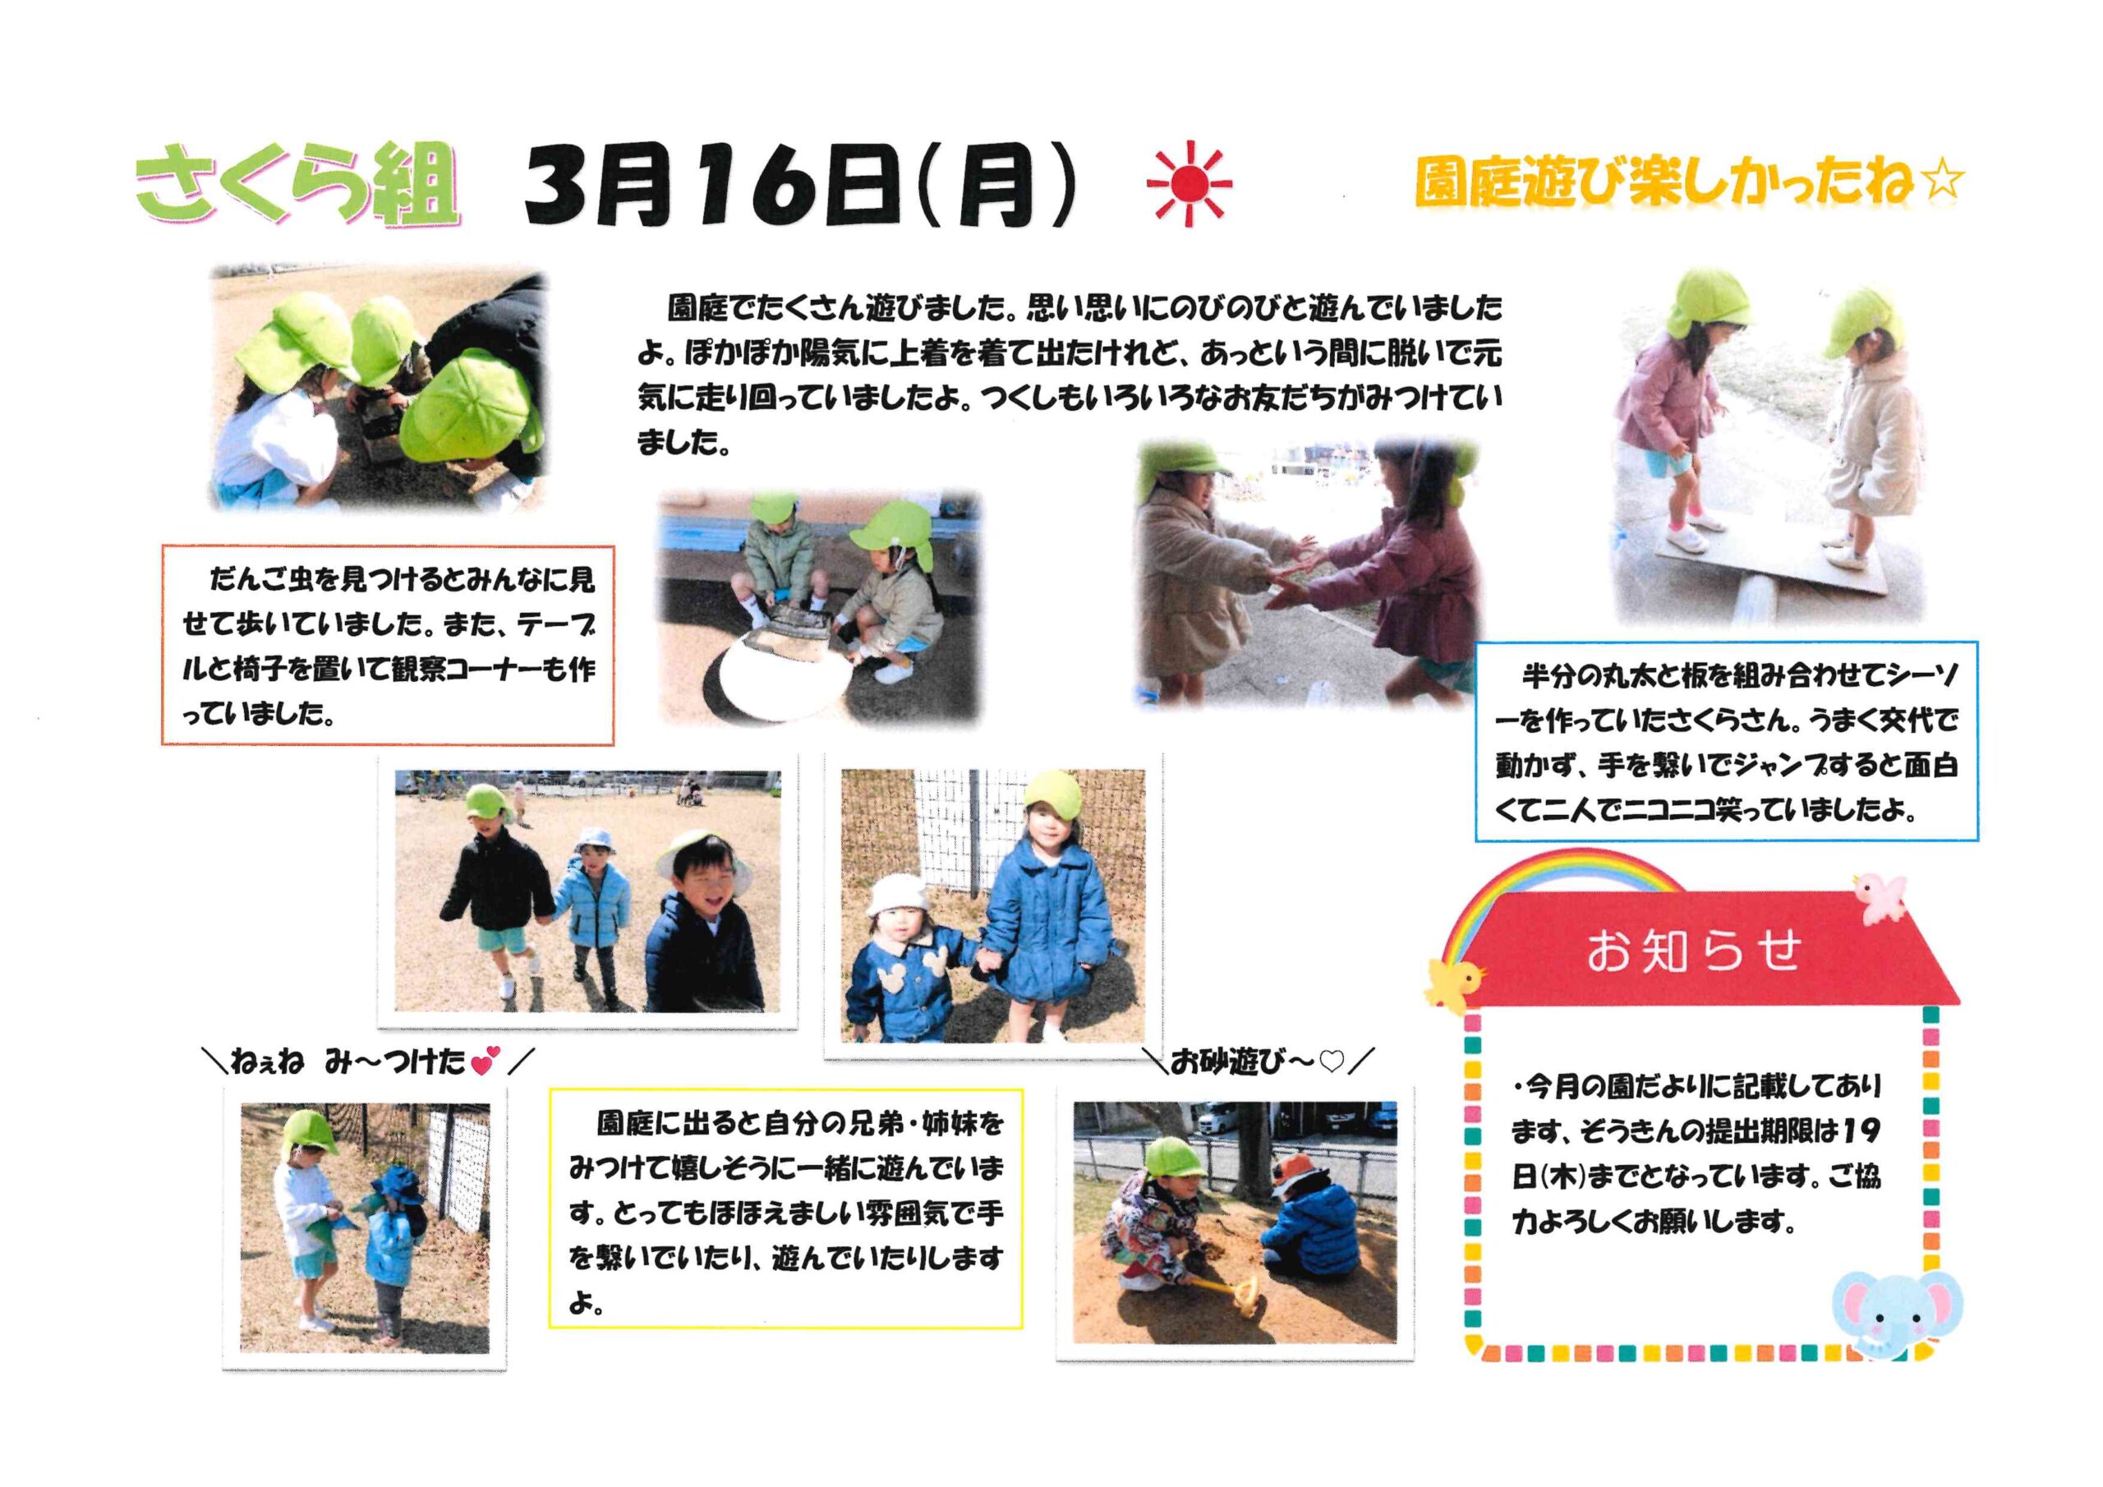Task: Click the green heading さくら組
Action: click(x=296, y=184)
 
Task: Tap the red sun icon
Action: click(x=1189, y=184)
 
